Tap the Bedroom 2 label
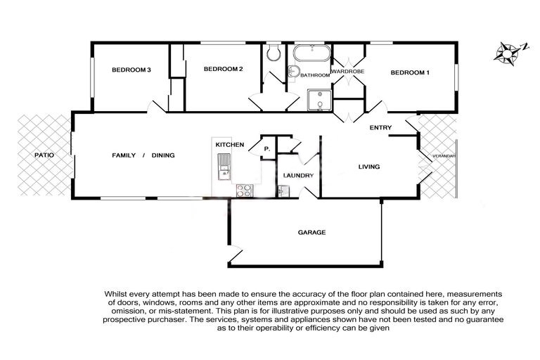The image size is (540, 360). click(x=223, y=69)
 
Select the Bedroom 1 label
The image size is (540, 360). click(x=410, y=72)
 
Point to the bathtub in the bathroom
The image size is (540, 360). click(x=312, y=53)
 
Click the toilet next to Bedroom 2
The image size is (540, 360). click(x=274, y=52)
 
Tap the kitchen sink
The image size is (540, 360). click(x=224, y=167)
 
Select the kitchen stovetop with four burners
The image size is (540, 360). click(x=245, y=191)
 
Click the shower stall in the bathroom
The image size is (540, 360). click(x=320, y=101)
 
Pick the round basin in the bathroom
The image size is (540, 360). click(x=292, y=71)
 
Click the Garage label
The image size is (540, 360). click(x=311, y=233)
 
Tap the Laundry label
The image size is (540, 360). click(x=298, y=175)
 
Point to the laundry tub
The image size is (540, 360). click(x=284, y=191)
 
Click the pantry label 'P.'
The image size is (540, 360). click(x=267, y=149)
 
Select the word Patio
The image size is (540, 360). click(x=44, y=155)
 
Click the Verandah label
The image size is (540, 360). click(x=444, y=156)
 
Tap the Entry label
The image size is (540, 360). click(x=380, y=127)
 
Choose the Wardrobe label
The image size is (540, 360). click(x=347, y=72)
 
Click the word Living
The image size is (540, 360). click(x=369, y=167)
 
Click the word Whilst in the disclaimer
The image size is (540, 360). click(x=115, y=295)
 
